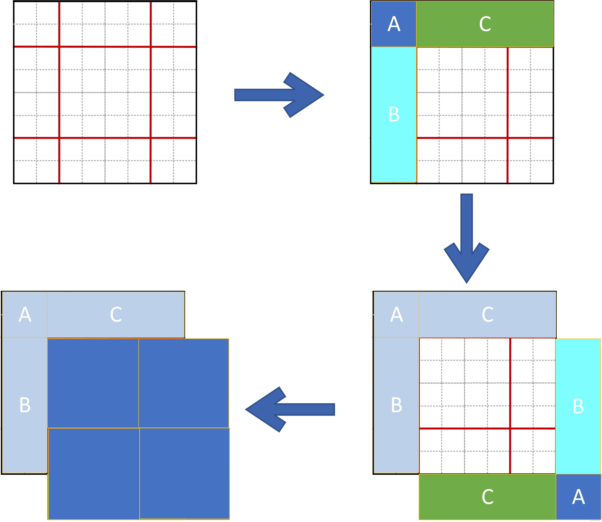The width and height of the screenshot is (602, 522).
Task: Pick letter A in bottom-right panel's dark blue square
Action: pos(578,497)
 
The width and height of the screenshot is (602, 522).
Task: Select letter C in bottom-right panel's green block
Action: pos(488,497)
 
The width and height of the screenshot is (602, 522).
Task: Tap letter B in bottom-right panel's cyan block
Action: pos(578,406)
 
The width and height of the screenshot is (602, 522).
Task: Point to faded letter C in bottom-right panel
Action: pos(488,315)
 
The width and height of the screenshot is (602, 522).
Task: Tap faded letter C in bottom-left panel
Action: pos(116,315)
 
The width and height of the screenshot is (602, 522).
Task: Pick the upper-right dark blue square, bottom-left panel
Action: pos(184,383)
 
